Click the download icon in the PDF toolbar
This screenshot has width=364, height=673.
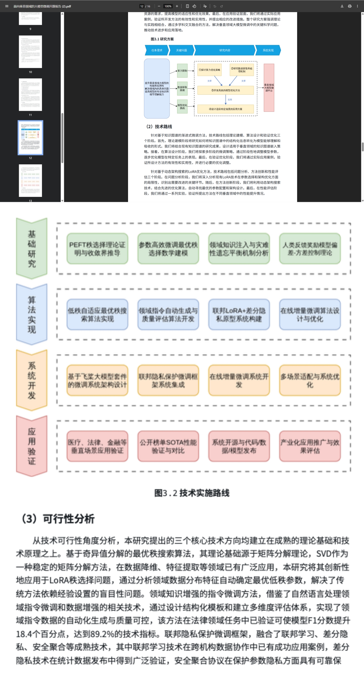(342, 6)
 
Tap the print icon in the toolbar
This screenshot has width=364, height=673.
(350, 6)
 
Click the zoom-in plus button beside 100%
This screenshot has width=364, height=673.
(177, 6)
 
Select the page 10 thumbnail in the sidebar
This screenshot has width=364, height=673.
(30, 52)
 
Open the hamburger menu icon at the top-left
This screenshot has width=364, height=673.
(7, 6)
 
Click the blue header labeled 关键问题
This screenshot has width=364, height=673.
(182, 50)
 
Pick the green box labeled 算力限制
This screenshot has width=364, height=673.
(182, 71)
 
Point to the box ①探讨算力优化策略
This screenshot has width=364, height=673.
(210, 70)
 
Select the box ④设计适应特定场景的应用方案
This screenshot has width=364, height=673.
(226, 109)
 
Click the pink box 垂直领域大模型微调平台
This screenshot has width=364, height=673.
(269, 88)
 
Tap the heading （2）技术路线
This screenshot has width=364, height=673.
(159, 126)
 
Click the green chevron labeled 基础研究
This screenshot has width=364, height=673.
(32, 249)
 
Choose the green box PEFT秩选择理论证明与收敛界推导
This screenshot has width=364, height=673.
(97, 249)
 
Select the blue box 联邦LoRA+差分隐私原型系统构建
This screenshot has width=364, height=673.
(239, 315)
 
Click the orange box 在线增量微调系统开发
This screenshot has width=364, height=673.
(239, 380)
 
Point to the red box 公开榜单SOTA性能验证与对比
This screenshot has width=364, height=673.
(168, 446)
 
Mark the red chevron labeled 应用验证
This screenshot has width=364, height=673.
(32, 446)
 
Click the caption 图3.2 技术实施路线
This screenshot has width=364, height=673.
(192, 493)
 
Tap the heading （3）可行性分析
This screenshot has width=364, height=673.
(58, 519)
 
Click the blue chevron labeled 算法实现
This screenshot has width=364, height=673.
(32, 315)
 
